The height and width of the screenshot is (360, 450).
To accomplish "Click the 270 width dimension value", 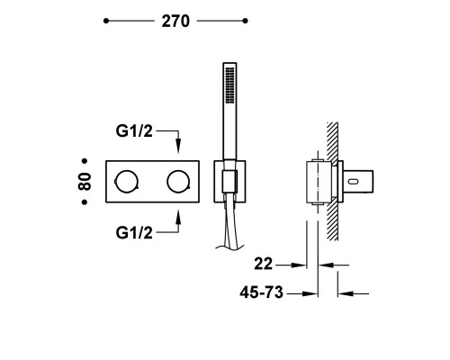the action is [175, 22].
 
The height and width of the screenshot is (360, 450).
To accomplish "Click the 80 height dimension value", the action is [85, 182].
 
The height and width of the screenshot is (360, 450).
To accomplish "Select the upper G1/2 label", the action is [134, 131].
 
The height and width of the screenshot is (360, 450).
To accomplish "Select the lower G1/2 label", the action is [134, 233].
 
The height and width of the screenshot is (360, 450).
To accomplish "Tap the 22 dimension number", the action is [263, 265].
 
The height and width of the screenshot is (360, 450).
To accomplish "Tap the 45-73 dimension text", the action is [261, 292].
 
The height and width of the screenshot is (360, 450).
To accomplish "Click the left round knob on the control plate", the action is [127, 182].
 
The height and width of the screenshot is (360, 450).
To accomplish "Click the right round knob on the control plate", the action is [178, 182].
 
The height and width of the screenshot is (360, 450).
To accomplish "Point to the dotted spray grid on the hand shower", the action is [229, 85].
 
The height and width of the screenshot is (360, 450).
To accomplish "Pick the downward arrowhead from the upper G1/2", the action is [178, 148].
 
